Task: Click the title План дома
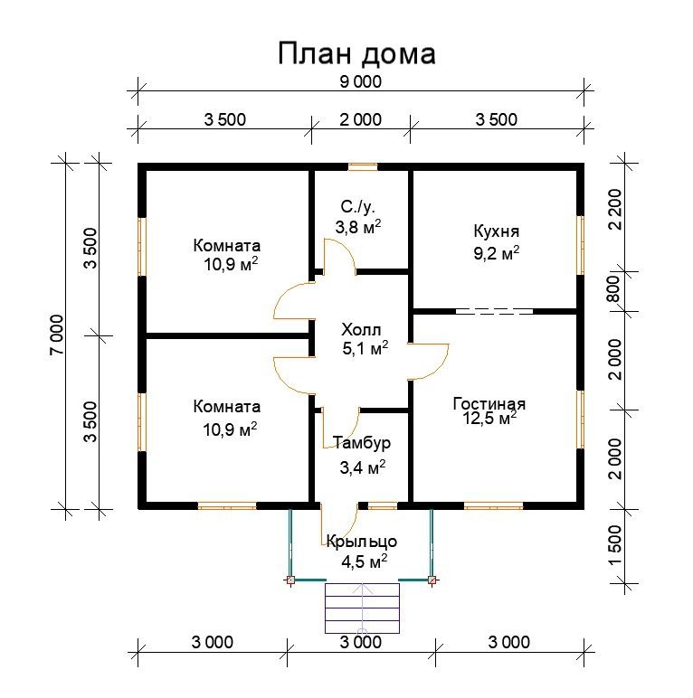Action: click(x=356, y=53)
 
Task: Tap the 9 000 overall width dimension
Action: click(x=361, y=82)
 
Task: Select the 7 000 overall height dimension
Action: click(x=58, y=335)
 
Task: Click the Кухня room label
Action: click(x=496, y=231)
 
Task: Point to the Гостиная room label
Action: click(x=489, y=404)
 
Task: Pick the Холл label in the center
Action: click(x=361, y=330)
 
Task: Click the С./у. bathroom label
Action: click(x=358, y=207)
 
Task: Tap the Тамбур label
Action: click(x=362, y=443)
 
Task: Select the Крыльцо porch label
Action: click(x=362, y=542)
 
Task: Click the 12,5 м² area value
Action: click(x=489, y=418)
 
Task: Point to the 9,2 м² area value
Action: click(x=496, y=253)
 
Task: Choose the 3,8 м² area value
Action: click(x=358, y=227)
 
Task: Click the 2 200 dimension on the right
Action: click(x=615, y=209)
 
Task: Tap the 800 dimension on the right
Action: click(x=614, y=288)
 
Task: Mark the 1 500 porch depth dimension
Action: click(x=615, y=545)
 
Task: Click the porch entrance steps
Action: click(x=362, y=608)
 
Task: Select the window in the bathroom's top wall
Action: click(x=363, y=167)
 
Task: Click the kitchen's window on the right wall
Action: click(x=580, y=245)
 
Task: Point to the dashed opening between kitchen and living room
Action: click(x=494, y=312)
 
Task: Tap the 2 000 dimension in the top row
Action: click(x=361, y=119)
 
